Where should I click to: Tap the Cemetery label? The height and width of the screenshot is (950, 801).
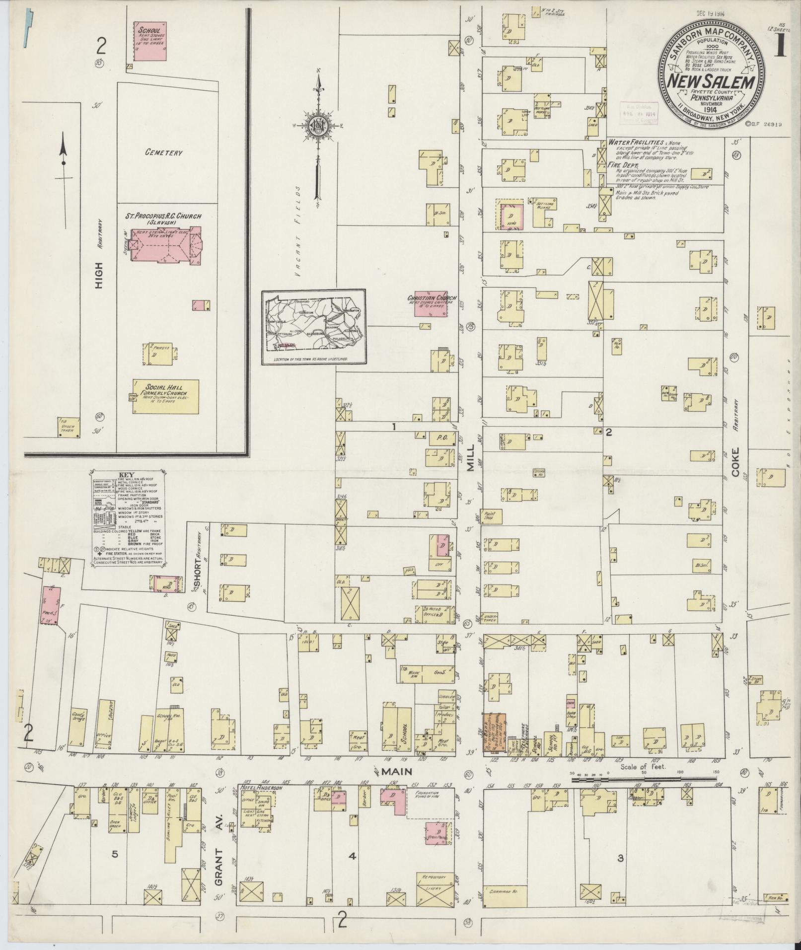point(164,153)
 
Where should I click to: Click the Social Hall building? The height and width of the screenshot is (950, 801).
point(165,396)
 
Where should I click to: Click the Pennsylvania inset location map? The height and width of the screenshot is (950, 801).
point(314,328)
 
